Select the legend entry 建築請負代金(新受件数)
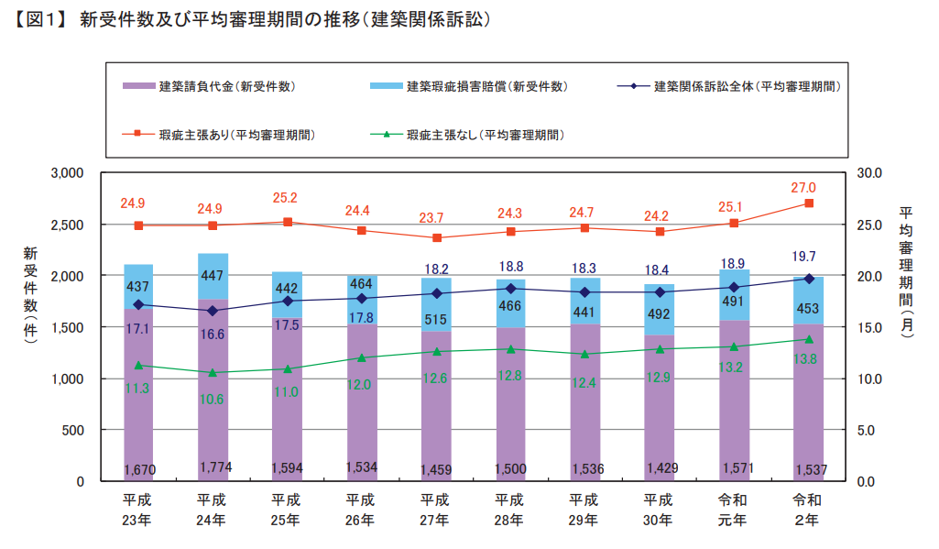(225, 87)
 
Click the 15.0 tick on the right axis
(868, 327)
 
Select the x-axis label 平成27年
(435, 510)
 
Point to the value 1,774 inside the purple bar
(215, 467)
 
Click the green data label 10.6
(213, 400)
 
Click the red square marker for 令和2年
(809, 203)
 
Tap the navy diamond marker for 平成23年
(138, 305)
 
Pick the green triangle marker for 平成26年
(362, 358)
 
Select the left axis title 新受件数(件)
(30, 295)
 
